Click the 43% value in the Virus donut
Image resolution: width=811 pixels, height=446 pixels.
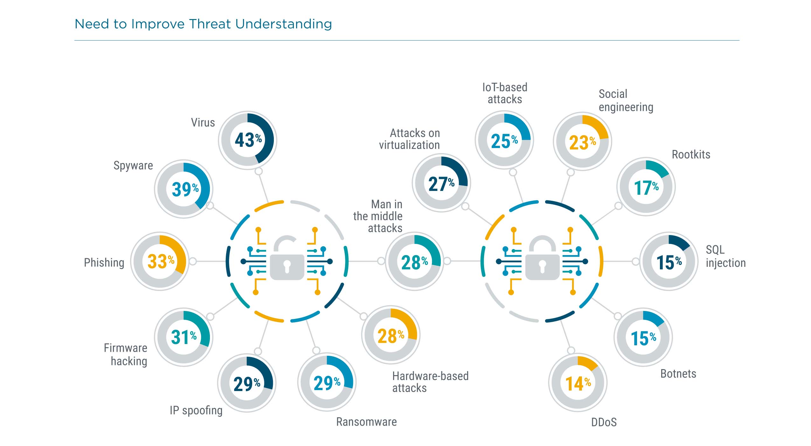point(248,140)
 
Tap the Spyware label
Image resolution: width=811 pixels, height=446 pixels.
point(133,166)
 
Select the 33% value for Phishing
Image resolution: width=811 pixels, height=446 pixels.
point(160,261)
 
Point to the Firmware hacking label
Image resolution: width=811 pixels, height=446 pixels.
point(126,355)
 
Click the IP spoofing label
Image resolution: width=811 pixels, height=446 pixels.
point(196,410)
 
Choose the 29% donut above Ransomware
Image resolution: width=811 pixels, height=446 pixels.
point(327,382)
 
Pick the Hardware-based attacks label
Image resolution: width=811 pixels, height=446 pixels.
point(430,382)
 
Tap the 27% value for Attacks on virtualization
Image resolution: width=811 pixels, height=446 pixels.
point(441,184)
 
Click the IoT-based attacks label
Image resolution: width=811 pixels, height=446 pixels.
point(505,93)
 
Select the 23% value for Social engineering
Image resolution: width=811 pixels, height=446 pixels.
point(582,142)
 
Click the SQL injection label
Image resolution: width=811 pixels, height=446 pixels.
point(725,256)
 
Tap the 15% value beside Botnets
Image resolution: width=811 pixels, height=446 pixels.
point(643,338)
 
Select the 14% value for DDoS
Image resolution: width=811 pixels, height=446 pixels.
point(578,383)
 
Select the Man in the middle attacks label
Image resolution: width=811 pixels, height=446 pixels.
point(378,216)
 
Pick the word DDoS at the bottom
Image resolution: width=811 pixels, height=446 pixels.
point(604,422)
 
